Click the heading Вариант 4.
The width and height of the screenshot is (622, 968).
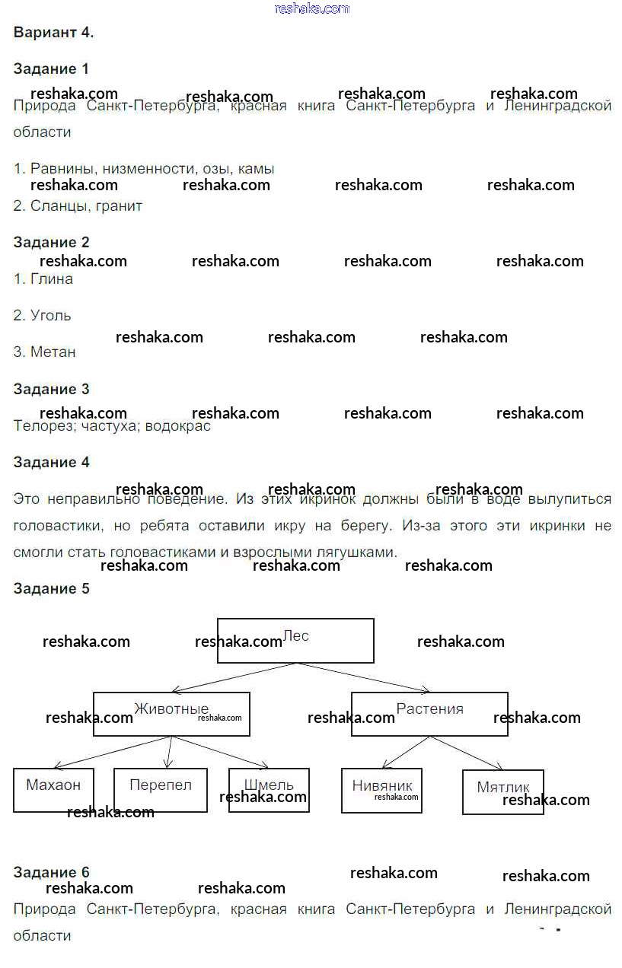tap(53, 32)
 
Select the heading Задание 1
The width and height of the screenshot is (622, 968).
tap(51, 68)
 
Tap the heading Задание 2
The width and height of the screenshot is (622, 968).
tap(51, 242)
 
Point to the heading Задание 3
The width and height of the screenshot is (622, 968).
tap(51, 389)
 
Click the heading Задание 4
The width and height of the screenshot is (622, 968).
tap(51, 462)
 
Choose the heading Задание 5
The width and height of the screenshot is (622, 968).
tap(51, 588)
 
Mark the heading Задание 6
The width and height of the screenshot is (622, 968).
tap(51, 872)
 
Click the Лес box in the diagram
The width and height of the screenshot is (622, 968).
tap(295, 640)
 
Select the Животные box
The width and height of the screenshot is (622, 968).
tap(171, 714)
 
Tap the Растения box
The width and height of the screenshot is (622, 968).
tap(429, 714)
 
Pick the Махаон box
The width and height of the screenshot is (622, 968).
tap(53, 790)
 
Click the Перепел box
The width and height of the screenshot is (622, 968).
tap(161, 790)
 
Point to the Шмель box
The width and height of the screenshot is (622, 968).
tap(269, 790)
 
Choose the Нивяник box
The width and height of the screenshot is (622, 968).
tap(382, 791)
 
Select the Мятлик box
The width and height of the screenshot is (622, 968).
tap(502, 792)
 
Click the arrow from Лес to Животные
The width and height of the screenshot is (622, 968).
tap(233, 677)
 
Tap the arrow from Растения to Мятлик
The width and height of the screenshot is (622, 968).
tap(467, 753)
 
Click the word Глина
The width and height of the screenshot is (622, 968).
tap(52, 279)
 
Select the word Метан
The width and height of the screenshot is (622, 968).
tap(53, 352)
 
